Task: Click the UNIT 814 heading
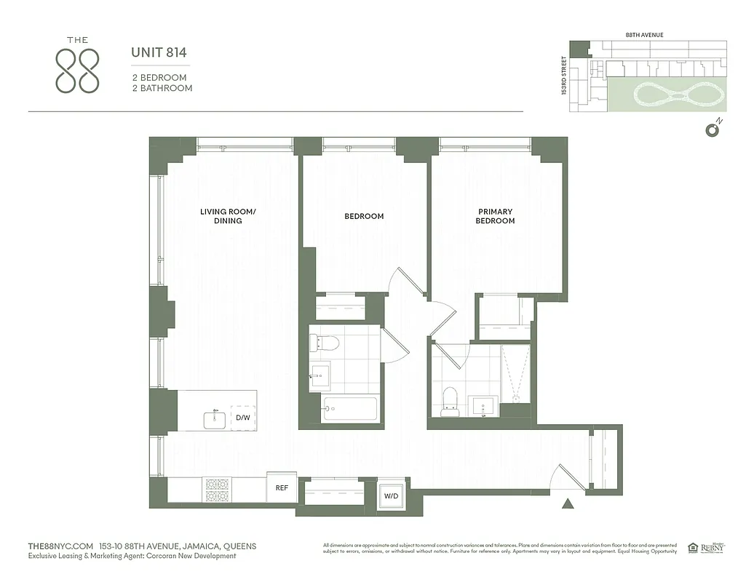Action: [159, 52]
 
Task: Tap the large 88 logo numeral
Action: [78, 71]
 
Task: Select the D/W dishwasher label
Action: [242, 418]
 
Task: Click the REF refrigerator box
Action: [282, 488]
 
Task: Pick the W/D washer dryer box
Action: [392, 496]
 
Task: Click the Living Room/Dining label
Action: [228, 216]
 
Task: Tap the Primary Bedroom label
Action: [495, 216]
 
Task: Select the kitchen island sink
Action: [215, 419]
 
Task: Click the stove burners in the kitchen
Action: [216, 490]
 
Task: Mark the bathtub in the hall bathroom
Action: [350, 409]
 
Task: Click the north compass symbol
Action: [713, 129]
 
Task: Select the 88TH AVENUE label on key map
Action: [644, 34]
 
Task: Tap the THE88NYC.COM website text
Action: [60, 546]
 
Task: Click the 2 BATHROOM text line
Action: [162, 88]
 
